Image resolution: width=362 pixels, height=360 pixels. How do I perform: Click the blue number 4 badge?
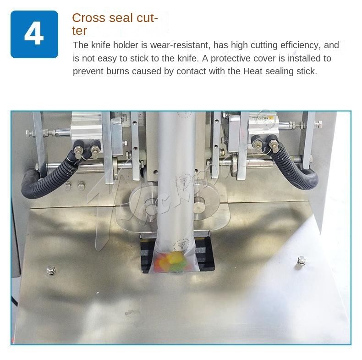coord(34,34)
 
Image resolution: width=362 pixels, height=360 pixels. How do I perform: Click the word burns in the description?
coord(120,72)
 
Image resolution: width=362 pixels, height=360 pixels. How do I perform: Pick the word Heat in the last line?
coord(252,72)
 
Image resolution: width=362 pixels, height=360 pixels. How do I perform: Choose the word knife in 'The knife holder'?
coord(99,45)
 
